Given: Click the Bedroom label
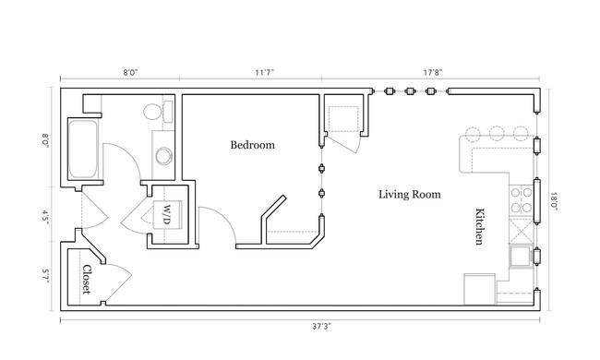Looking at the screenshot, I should tap(252, 145).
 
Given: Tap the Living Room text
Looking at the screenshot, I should tap(409, 195).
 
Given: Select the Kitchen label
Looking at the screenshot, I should tap(480, 225).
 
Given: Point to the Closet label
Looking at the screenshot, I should tap(86, 280).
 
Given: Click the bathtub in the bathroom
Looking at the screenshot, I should tap(82, 150).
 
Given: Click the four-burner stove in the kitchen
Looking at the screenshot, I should tap(520, 195).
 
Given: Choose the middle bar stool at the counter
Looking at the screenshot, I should tap(498, 132).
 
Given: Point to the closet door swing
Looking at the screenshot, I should tap(114, 278).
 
